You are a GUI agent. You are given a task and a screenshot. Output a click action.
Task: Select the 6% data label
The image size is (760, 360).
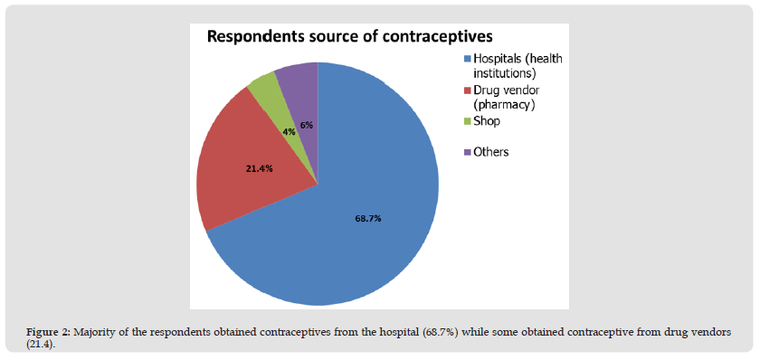307,125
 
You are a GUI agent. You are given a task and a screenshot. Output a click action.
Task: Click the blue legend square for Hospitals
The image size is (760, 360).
468,59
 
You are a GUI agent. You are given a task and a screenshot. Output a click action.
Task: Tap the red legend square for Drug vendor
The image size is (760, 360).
468,90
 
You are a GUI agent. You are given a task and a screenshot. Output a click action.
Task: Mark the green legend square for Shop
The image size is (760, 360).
468,122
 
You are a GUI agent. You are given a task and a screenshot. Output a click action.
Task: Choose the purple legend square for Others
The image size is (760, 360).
468,153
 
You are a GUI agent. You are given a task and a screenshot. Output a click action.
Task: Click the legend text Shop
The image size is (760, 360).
487,121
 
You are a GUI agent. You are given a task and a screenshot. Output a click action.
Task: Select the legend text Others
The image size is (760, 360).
491,152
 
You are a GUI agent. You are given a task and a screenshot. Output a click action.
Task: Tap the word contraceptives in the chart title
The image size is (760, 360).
433,37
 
